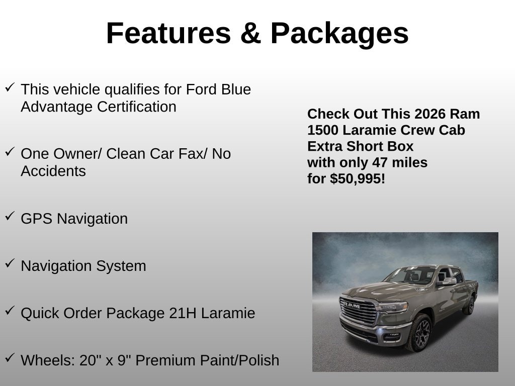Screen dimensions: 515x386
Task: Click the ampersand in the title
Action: [250, 33]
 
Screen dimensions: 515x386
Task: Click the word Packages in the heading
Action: [339, 34]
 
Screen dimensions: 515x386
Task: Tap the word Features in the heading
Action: [169, 33]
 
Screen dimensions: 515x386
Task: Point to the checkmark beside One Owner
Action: [10, 151]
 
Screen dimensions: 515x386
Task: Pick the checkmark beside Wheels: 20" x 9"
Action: [10, 357]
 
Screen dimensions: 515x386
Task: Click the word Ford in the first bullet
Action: [201, 89]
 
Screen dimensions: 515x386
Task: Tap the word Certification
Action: [137, 107]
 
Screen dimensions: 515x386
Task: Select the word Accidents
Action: [53, 171]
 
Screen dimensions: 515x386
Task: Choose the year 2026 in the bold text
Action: [430, 114]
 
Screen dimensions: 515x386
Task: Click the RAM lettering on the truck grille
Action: [351, 305]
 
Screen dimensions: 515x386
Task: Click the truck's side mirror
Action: [448, 281]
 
